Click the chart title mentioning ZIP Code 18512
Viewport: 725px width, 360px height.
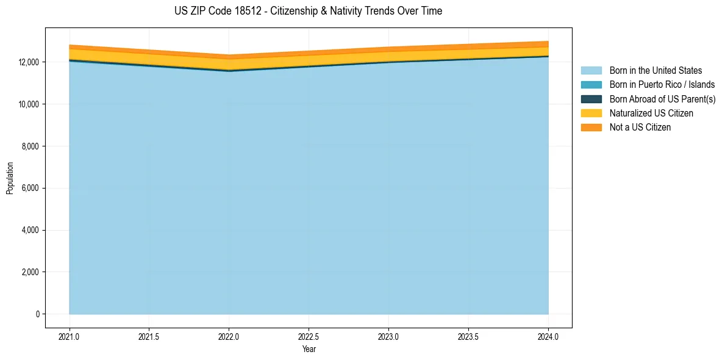308,11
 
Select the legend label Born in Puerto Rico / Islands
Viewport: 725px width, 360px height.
662,85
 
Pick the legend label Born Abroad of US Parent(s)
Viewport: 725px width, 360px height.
662,99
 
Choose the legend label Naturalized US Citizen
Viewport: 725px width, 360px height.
651,113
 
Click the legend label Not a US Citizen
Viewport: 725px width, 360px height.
640,127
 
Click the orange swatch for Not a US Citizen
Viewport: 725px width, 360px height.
591,127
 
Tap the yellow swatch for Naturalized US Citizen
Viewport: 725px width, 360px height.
591,113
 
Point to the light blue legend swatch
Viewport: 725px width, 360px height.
591,71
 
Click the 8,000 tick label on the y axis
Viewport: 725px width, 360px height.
30,146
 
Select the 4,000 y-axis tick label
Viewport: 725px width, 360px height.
30,230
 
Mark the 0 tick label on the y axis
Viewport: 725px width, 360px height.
37,314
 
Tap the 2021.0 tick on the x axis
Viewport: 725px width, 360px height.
70,336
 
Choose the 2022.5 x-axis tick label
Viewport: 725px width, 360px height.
309,336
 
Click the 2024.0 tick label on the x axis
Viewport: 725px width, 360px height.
548,336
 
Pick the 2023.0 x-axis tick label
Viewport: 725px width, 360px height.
388,336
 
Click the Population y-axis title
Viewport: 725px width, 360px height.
10,178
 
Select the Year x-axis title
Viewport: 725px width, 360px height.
309,349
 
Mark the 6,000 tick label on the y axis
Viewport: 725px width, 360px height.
30,188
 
